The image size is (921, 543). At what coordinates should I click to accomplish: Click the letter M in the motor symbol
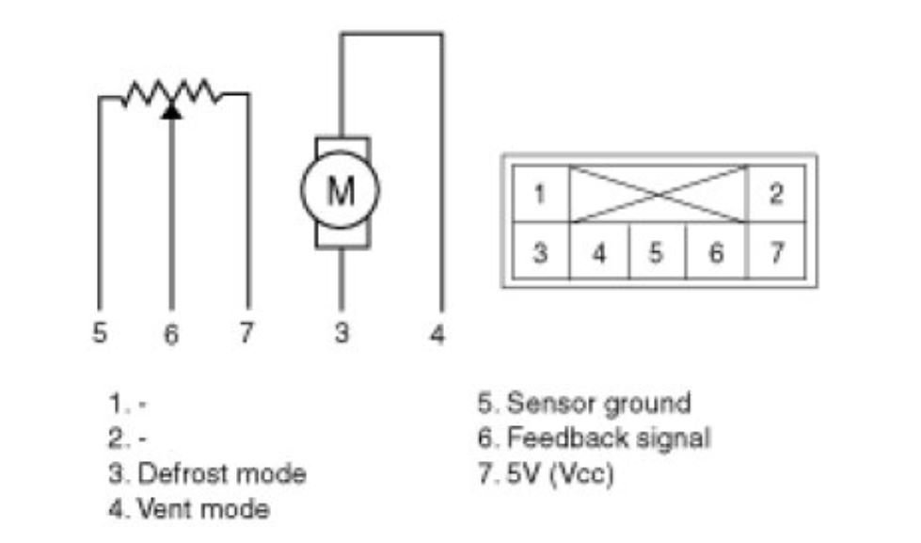pyautogui.click(x=340, y=191)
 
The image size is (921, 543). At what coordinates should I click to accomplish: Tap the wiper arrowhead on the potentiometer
pyautogui.click(x=170, y=109)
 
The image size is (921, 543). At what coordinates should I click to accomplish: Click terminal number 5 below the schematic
pyautogui.click(x=100, y=333)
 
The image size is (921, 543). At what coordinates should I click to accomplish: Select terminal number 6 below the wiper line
pyautogui.click(x=170, y=335)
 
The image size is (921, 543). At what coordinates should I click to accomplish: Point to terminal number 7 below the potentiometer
pyautogui.click(x=246, y=333)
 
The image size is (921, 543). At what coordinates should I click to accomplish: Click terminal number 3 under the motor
pyautogui.click(x=342, y=333)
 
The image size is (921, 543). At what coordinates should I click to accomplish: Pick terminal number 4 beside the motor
pyautogui.click(x=437, y=334)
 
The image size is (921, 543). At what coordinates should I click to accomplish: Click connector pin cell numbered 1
pyautogui.click(x=539, y=195)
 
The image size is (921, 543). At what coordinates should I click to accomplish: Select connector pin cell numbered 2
pyautogui.click(x=775, y=195)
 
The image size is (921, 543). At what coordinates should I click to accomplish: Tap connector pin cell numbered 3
pyautogui.click(x=539, y=253)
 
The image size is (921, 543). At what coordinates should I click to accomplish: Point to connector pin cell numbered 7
pyautogui.click(x=775, y=253)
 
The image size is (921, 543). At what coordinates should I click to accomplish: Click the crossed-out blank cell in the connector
pyautogui.click(x=658, y=195)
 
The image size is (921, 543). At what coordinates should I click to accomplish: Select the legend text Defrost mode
pyautogui.click(x=221, y=473)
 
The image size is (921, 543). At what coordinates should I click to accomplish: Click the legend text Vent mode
pyautogui.click(x=203, y=509)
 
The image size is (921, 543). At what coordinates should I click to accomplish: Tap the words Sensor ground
pyautogui.click(x=598, y=403)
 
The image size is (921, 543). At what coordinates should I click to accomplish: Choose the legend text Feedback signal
pyautogui.click(x=608, y=438)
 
